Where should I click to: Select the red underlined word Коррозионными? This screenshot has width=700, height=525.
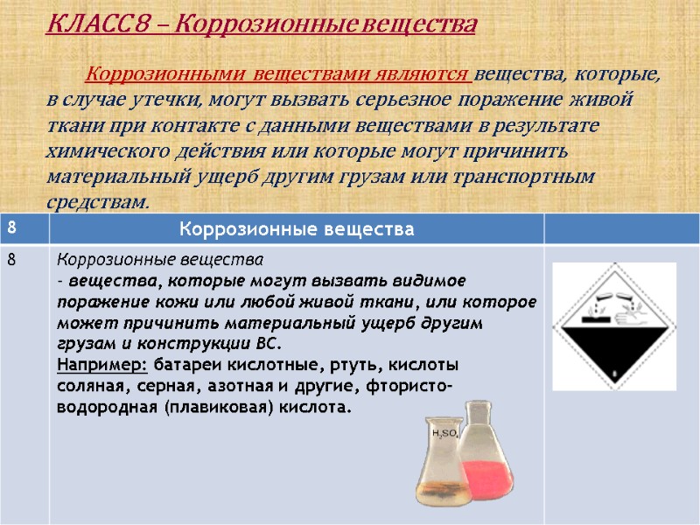[149, 75]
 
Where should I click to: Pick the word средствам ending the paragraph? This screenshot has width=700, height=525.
[96, 202]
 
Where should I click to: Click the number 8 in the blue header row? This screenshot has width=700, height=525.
[12, 227]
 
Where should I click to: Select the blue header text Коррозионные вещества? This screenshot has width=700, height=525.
[296, 230]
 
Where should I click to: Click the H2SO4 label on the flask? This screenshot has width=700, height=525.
[443, 433]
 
